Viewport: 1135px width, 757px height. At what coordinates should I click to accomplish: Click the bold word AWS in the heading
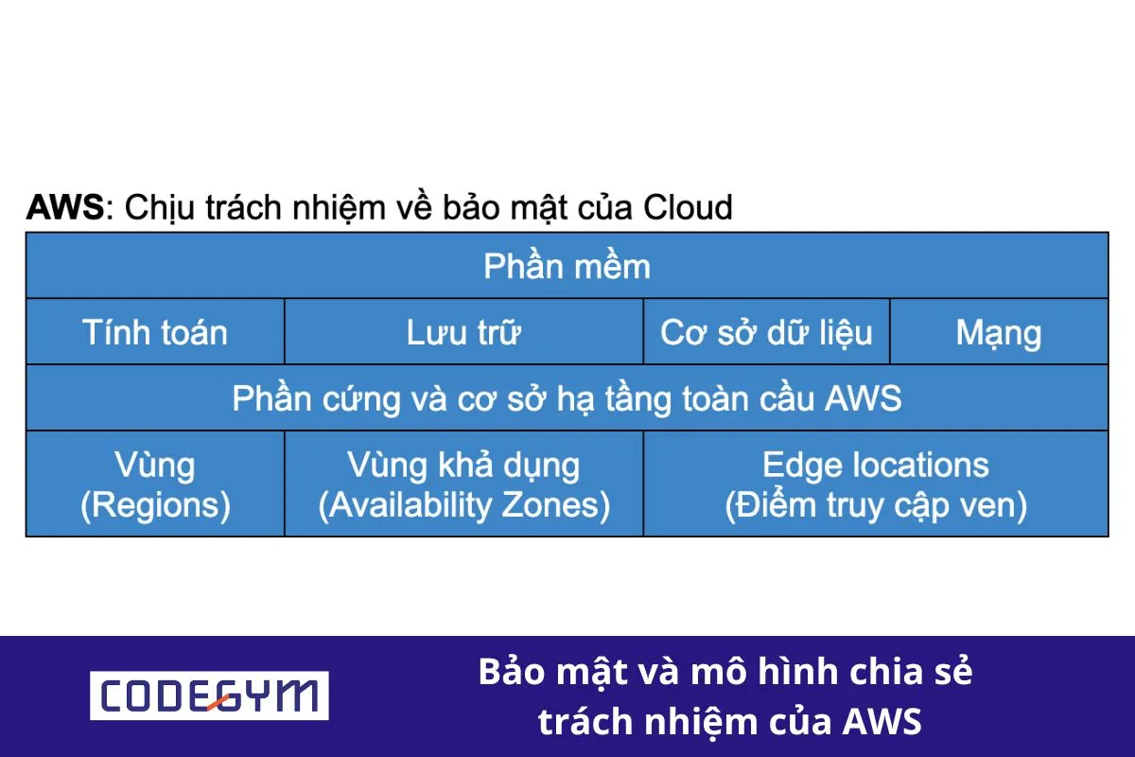tap(64, 206)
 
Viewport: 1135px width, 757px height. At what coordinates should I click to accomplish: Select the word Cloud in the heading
tap(688, 206)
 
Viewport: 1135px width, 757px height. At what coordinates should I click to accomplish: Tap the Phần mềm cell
tap(567, 266)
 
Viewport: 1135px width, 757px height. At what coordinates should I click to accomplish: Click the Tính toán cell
tap(155, 332)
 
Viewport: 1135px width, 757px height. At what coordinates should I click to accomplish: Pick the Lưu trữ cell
tap(463, 332)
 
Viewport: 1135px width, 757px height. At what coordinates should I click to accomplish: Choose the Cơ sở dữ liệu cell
tap(766, 332)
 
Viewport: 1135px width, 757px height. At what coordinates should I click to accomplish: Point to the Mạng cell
tap(999, 332)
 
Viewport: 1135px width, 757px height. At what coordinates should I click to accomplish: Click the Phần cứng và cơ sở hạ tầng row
tap(567, 398)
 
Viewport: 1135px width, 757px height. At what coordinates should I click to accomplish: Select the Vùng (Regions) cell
tap(155, 484)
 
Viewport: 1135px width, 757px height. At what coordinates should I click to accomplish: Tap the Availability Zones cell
tap(463, 484)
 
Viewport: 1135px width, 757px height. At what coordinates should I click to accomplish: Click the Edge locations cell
tap(876, 484)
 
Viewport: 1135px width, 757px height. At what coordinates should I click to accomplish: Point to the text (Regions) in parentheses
tap(155, 505)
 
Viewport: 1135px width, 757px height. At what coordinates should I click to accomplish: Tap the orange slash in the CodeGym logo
tap(219, 698)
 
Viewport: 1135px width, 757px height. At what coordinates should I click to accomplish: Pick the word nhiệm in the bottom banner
tap(691, 722)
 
